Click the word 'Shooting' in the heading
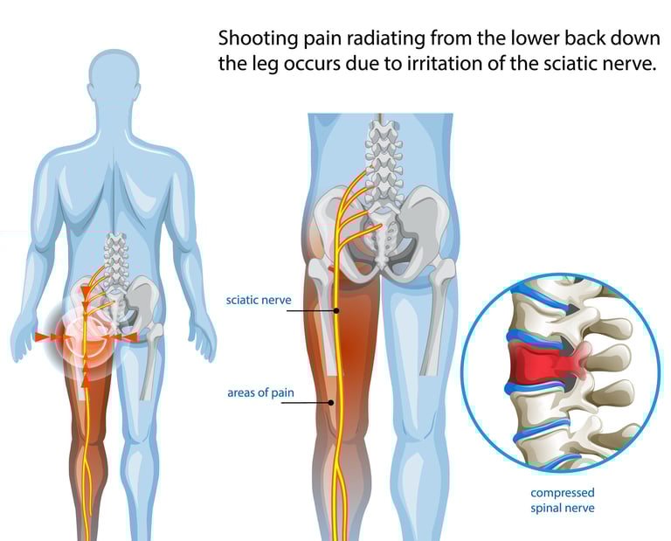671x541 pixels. click(x=256, y=38)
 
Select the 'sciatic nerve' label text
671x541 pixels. click(x=259, y=301)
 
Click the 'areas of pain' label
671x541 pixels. click(x=260, y=393)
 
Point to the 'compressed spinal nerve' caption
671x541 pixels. click(x=563, y=500)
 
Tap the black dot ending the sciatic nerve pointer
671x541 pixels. click(x=336, y=310)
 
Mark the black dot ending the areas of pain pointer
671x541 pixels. click(x=332, y=403)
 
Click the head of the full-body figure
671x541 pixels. click(x=117, y=80)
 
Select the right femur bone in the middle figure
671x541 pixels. click(x=432, y=315)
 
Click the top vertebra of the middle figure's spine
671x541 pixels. click(x=383, y=128)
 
